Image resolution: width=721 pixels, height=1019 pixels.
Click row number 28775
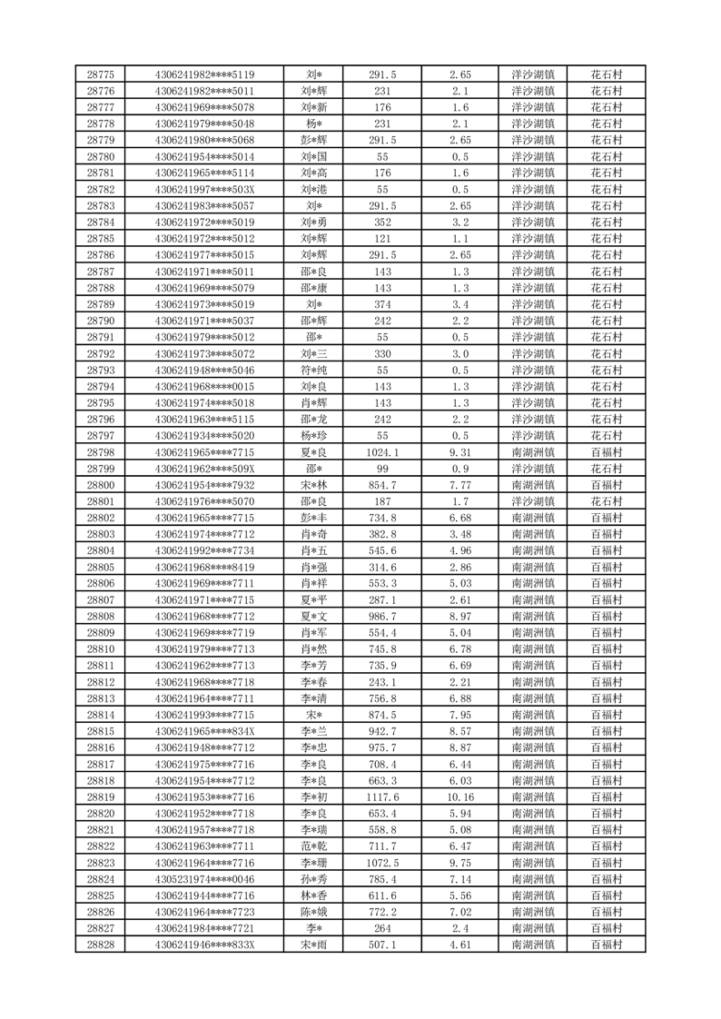point(100,74)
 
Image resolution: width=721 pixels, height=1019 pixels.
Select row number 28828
point(100,945)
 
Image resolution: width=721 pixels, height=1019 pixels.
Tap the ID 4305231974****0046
point(204,879)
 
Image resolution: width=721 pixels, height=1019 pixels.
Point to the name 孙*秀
point(313,879)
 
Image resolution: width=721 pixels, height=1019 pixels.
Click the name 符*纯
point(313,370)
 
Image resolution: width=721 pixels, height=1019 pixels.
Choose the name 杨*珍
point(313,436)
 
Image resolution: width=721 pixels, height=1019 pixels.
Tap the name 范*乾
point(313,846)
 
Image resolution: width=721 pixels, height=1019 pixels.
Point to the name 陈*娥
point(313,912)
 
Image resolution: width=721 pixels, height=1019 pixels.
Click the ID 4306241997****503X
point(204,190)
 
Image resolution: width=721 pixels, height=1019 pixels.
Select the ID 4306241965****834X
point(204,731)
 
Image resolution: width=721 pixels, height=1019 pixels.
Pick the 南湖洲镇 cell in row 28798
point(533,452)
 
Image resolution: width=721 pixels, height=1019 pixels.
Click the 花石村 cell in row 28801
point(606,501)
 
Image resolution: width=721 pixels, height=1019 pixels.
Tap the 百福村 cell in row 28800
point(606,485)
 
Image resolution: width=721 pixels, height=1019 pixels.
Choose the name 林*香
point(313,895)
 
